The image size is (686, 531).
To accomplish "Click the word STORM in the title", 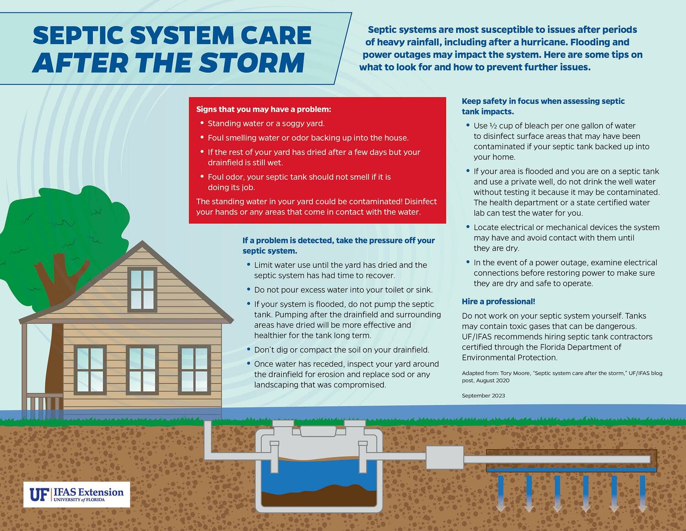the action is point(252,63).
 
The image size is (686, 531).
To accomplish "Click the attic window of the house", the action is point(142,290).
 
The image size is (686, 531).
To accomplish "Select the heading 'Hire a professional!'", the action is point(498,301).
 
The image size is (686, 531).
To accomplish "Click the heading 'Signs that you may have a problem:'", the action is point(264,109).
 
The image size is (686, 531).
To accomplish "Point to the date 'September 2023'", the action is point(483,396).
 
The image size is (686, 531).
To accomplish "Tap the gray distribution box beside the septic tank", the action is point(445,458).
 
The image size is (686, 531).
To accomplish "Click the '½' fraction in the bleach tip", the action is point(493,126).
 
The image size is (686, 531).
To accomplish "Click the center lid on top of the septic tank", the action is point(318,431).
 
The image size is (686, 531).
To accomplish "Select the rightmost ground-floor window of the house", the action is point(194,370).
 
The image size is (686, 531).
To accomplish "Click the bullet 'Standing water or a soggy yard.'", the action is point(266,124).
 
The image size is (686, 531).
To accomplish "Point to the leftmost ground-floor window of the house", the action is point(90,370).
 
